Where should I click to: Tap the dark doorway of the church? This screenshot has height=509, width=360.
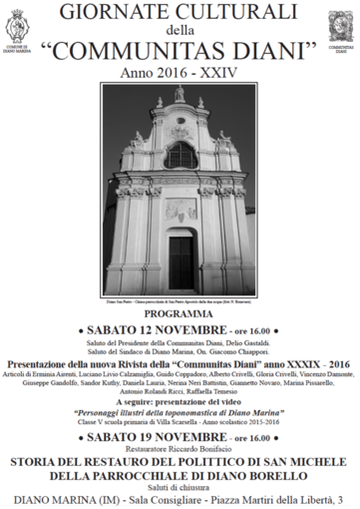tap(180, 260)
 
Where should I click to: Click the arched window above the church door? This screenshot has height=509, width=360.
tap(180, 156)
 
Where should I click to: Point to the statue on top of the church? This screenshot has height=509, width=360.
tap(180, 93)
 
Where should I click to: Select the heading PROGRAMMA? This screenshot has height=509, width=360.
tap(180, 312)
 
